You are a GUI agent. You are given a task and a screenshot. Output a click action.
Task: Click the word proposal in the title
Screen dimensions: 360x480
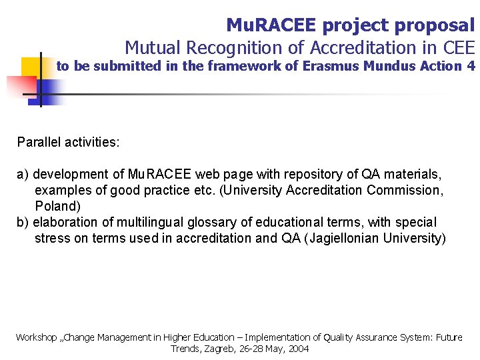point(435,26)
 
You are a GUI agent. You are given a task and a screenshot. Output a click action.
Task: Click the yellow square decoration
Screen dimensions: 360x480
point(31,67)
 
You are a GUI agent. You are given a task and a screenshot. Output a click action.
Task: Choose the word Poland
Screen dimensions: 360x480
point(57,206)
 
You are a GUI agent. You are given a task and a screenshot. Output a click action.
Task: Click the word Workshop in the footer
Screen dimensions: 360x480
point(37,337)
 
